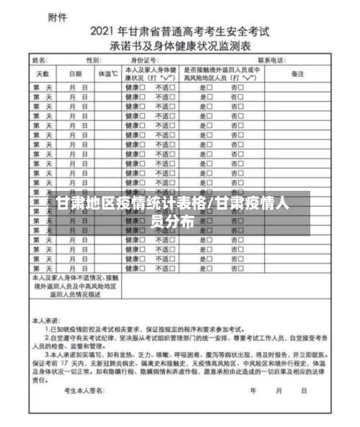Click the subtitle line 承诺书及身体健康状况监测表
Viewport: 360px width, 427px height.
click(180, 44)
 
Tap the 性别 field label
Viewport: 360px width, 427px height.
click(94, 60)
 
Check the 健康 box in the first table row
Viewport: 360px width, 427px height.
click(143, 86)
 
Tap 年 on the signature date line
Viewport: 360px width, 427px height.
click(253, 392)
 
